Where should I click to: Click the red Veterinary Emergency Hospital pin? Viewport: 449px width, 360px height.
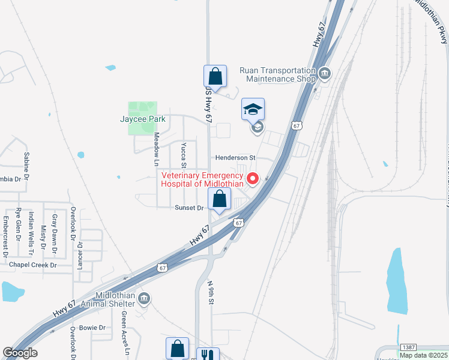(253, 178)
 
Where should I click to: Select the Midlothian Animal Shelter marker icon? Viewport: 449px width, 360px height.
(144, 298)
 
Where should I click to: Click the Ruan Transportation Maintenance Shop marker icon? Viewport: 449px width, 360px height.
(325, 74)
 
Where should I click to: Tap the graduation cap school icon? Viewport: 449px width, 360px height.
(253, 109)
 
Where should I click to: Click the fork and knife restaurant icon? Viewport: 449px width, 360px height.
(208, 355)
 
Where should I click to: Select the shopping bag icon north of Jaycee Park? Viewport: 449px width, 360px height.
(215, 76)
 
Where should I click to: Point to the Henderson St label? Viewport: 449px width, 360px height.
(236, 157)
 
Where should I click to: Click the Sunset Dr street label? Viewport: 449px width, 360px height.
(189, 208)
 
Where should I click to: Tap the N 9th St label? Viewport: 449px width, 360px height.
(211, 292)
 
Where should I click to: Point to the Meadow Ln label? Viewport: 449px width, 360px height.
(155, 149)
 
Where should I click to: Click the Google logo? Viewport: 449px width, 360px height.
(20, 352)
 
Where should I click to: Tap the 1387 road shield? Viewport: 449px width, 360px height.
(408, 348)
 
